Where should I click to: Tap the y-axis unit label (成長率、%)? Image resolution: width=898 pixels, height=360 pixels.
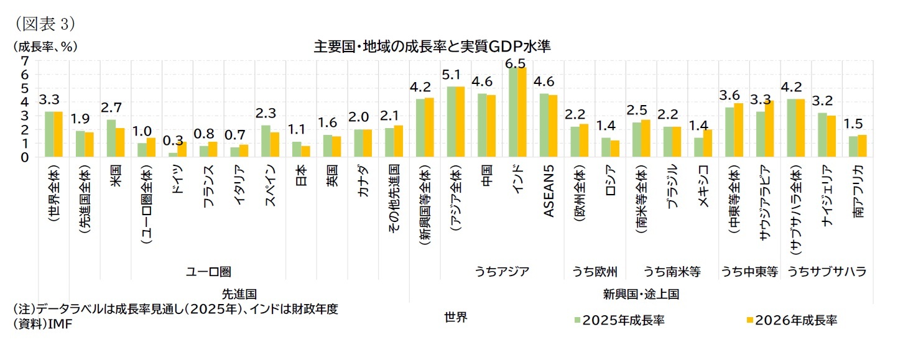tap(42, 47)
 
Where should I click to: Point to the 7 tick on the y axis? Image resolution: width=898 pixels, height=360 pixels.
tap(25, 60)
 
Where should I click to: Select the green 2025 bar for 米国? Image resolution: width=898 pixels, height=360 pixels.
tap(111, 139)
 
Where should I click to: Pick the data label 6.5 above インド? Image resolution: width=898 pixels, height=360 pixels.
tap(516, 63)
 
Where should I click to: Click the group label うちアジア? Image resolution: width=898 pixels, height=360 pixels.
tap(502, 272)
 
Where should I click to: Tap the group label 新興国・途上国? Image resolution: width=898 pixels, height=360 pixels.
tap(640, 293)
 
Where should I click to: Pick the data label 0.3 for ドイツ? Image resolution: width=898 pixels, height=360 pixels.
tap(177, 141)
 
